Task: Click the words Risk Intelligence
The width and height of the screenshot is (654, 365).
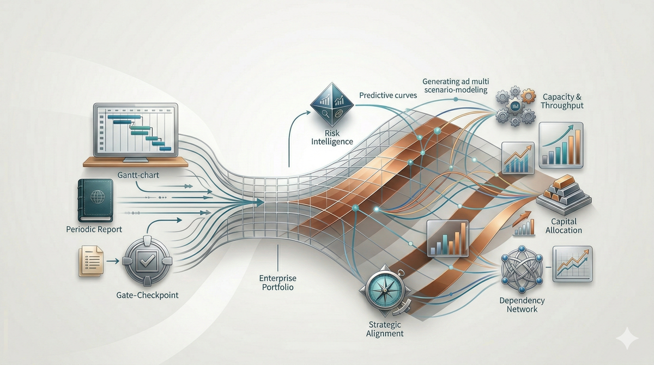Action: (332, 137)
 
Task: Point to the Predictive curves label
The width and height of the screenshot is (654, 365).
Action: (387, 95)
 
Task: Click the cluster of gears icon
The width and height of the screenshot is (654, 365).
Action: (515, 106)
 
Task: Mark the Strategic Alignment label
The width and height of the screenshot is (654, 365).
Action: (383, 328)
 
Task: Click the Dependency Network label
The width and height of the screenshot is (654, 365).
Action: (522, 305)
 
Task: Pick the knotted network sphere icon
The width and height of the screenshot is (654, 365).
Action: (522, 269)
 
